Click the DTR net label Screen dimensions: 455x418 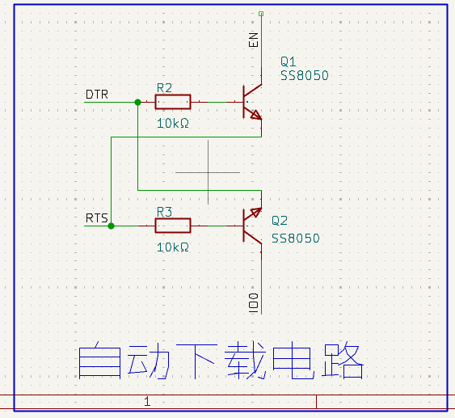tap(97, 95)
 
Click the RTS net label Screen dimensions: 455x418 tap(97, 218)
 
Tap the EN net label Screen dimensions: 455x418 tap(253, 40)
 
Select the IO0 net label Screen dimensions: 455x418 tap(253, 303)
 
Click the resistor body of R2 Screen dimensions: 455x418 tap(173, 102)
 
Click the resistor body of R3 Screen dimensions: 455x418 tap(173, 226)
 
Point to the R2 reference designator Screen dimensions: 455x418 tap(164, 88)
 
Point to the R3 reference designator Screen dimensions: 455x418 tap(164, 212)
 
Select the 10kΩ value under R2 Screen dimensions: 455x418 tap(173, 124)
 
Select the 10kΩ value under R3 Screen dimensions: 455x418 tap(173, 247)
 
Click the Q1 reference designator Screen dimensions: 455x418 tap(289, 61)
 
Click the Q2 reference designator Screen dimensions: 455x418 tap(280, 221)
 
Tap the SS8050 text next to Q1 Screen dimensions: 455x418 tap(305, 75)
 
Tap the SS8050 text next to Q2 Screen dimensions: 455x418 tap(296, 239)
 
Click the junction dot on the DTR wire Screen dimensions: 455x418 tap(138, 102)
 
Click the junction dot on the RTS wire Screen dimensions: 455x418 tap(112, 226)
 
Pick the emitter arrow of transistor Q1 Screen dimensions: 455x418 tap(256, 116)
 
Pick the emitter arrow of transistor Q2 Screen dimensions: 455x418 tap(256, 213)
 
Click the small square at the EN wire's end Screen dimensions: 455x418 tap(261, 14)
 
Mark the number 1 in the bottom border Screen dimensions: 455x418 tap(147, 402)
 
